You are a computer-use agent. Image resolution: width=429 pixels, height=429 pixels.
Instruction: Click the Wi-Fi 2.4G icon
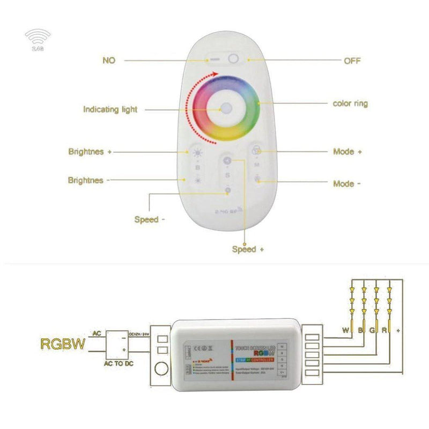coord(38,39)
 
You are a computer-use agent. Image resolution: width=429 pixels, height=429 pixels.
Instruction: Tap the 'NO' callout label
coord(109,60)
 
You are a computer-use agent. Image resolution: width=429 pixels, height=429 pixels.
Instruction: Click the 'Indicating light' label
coord(110,109)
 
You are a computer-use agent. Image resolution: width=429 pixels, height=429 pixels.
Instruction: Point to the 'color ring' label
coord(350,103)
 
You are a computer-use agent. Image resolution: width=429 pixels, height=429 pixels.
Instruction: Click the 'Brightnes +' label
coord(90,152)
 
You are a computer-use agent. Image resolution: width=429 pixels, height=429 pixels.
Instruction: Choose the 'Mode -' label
coord(347,183)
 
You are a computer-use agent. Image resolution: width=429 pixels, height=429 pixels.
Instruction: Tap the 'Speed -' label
coord(146,219)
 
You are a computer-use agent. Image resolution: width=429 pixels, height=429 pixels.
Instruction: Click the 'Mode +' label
coord(347,152)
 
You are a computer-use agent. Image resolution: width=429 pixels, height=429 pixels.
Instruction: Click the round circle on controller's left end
coord(160,369)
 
